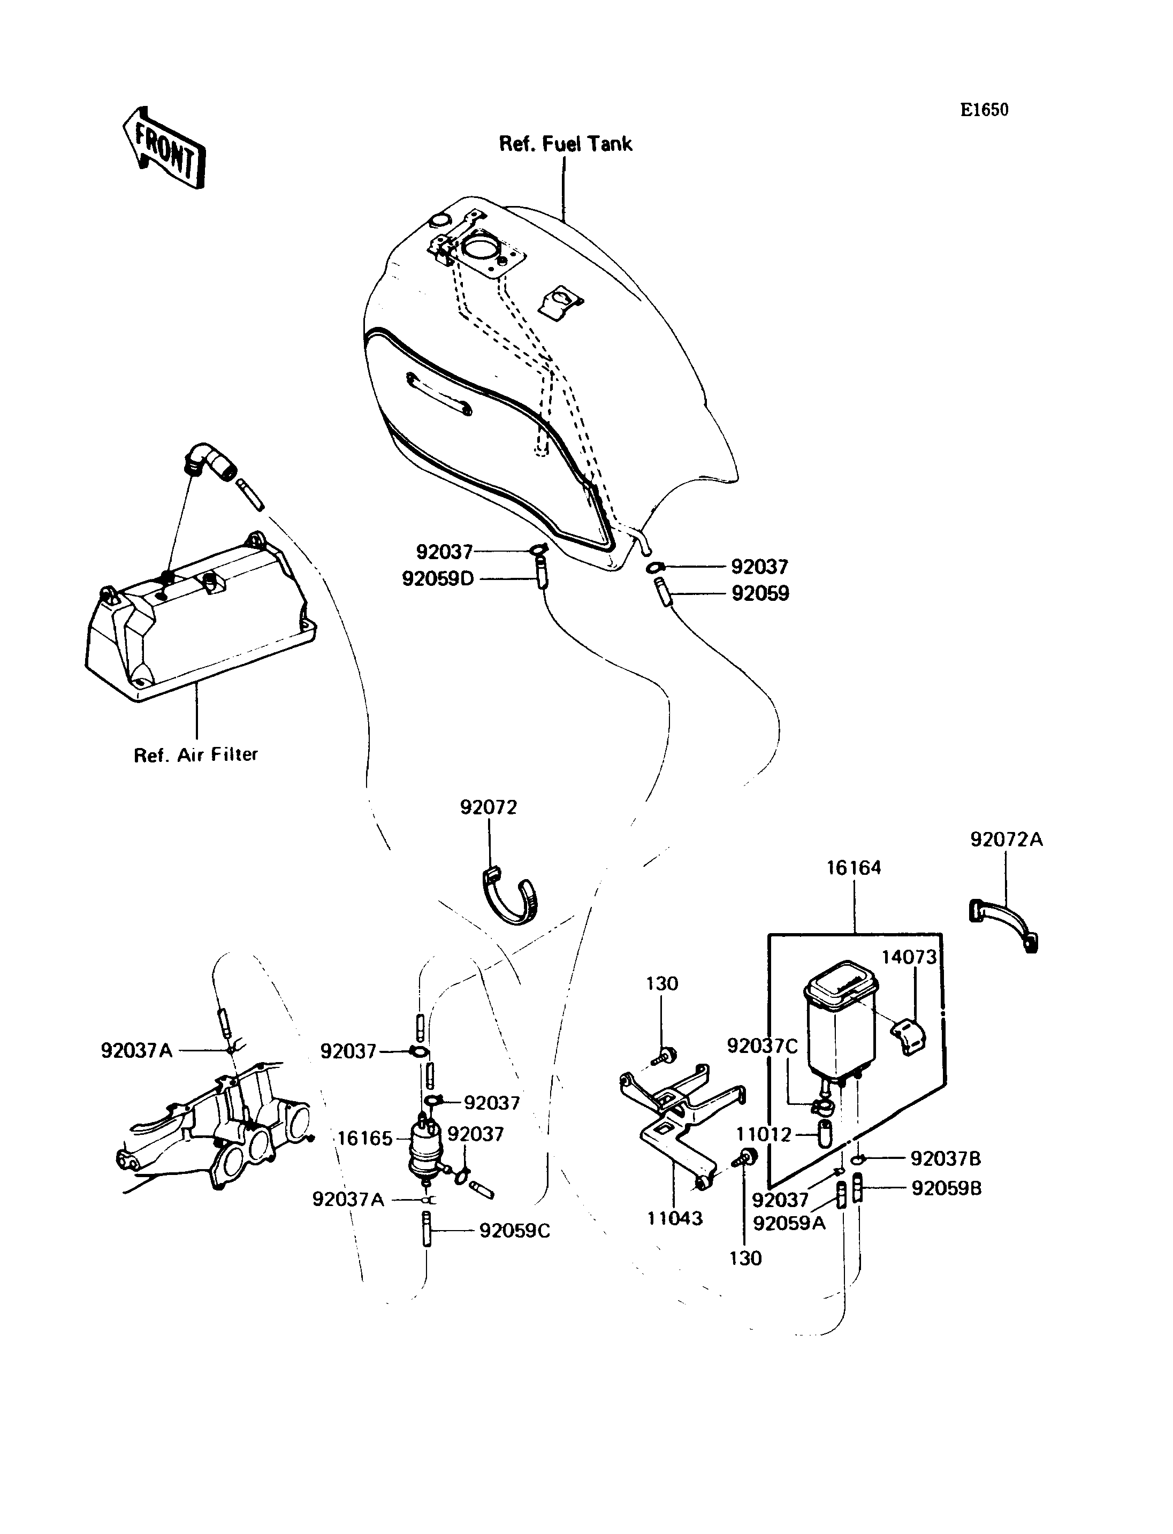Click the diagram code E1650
pos(984,110)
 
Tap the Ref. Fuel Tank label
pos(566,144)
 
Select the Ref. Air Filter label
pos(196,755)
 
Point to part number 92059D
pos(438,579)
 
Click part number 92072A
pos(1007,839)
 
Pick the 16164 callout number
pos(854,868)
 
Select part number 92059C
pos(515,1231)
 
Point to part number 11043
pos(675,1218)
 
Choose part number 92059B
pos(947,1188)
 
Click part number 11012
pos(765,1135)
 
